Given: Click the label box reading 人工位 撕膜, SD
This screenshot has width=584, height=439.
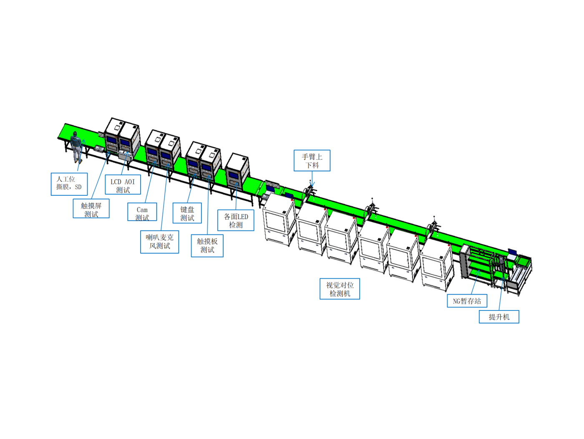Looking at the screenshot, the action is [x=69, y=184].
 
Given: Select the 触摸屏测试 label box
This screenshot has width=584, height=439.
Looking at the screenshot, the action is [x=91, y=208].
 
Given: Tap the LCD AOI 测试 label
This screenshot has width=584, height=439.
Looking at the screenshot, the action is [x=123, y=184].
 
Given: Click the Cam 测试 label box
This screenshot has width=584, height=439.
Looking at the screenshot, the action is [x=142, y=212].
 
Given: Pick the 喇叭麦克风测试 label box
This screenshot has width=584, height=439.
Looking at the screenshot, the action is [x=159, y=242].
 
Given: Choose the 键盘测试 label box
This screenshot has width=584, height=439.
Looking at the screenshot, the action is [x=187, y=213].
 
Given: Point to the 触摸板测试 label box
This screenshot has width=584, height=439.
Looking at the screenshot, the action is [x=207, y=245].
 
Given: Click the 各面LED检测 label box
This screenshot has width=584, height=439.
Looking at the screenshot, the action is [x=235, y=220].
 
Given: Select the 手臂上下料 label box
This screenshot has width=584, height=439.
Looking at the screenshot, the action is [x=312, y=160].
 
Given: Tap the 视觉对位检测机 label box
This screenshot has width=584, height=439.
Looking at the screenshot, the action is [x=340, y=289].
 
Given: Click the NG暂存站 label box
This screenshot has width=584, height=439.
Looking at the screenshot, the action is [x=467, y=300].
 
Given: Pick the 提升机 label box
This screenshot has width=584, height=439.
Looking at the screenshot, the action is [x=499, y=317].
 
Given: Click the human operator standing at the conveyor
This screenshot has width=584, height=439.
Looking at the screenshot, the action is [x=76, y=147].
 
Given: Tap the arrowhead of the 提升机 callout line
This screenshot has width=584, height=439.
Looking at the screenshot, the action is [x=503, y=278].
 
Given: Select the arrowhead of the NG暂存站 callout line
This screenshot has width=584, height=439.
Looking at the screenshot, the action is [x=478, y=271].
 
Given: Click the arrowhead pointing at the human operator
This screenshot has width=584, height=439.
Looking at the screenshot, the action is [x=83, y=141].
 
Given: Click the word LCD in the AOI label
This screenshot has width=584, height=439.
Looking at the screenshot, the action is [x=116, y=182].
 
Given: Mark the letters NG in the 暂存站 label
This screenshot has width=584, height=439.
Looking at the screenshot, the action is [x=456, y=301].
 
